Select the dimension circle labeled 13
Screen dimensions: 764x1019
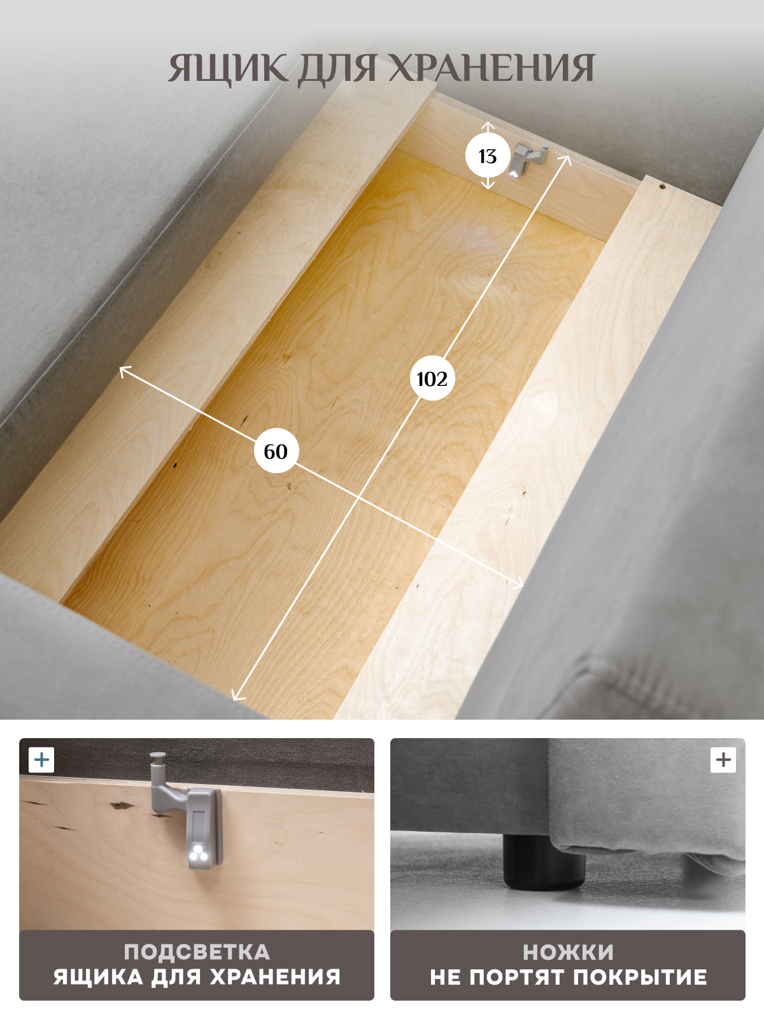pos(487,157)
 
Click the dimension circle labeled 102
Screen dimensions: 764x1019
pos(432,379)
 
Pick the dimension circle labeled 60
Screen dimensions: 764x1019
pos(276,452)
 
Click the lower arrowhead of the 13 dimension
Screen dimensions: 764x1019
pos(487,186)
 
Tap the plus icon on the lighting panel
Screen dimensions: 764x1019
pos(41,760)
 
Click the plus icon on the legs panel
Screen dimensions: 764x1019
pos(723,760)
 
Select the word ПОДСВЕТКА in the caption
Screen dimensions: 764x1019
pos(197,951)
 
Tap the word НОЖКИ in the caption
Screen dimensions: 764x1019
pos(569,952)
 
